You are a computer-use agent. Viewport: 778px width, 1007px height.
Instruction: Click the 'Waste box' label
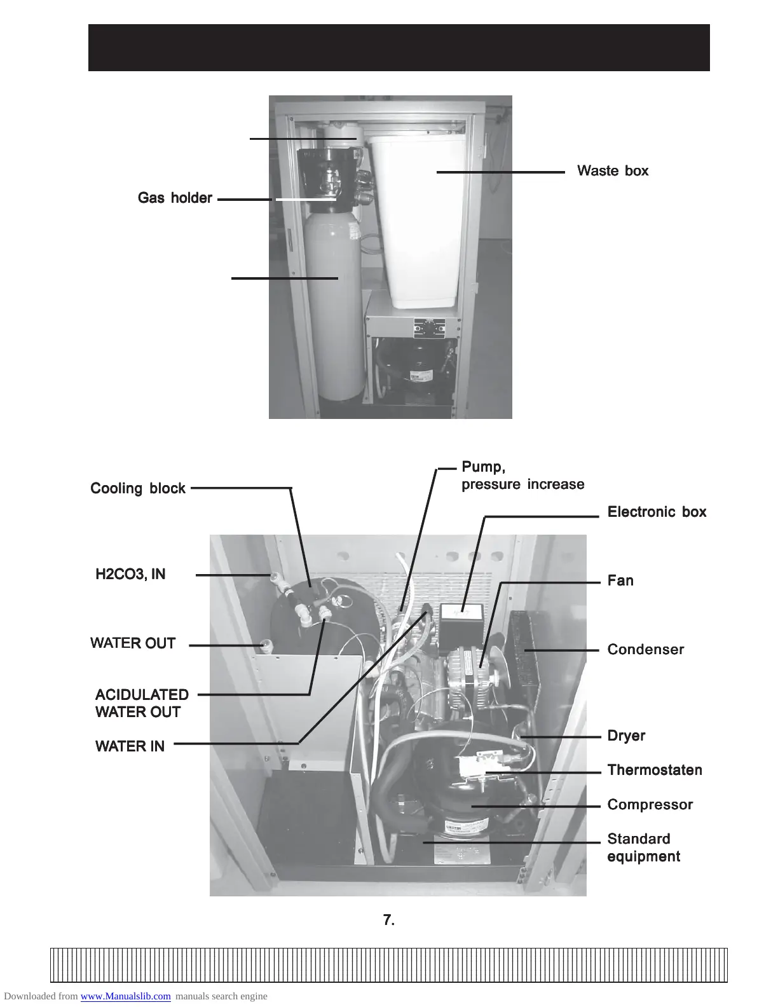point(613,171)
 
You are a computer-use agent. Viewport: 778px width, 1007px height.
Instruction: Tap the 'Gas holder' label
point(175,198)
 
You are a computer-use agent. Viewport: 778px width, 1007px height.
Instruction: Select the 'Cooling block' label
point(138,489)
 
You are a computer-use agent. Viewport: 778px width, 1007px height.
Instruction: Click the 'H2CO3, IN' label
point(130,575)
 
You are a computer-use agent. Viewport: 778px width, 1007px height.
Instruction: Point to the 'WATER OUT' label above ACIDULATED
point(133,643)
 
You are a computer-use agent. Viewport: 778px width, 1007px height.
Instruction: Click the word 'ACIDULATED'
point(142,695)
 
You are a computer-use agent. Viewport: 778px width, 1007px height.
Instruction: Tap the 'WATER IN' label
point(130,746)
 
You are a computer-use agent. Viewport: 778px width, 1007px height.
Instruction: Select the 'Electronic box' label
point(657,512)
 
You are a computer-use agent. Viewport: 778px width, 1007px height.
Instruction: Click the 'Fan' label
point(620,581)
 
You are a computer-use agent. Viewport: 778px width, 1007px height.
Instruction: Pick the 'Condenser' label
point(646,650)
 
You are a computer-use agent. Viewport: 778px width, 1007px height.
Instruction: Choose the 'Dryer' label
point(626,736)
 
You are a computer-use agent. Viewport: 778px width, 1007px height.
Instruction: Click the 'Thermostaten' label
point(655,771)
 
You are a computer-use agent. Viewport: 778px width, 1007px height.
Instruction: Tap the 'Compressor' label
point(650,805)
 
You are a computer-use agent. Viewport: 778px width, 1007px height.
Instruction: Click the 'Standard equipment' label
point(643,848)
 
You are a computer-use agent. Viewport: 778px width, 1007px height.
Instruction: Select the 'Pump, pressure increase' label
point(522,476)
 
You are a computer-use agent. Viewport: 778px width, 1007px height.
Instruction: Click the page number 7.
point(389,920)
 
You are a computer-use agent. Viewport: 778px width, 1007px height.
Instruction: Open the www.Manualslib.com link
point(125,996)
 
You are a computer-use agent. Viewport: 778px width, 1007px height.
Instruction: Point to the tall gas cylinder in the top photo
point(334,305)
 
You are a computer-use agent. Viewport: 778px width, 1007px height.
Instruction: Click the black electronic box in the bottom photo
point(462,620)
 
